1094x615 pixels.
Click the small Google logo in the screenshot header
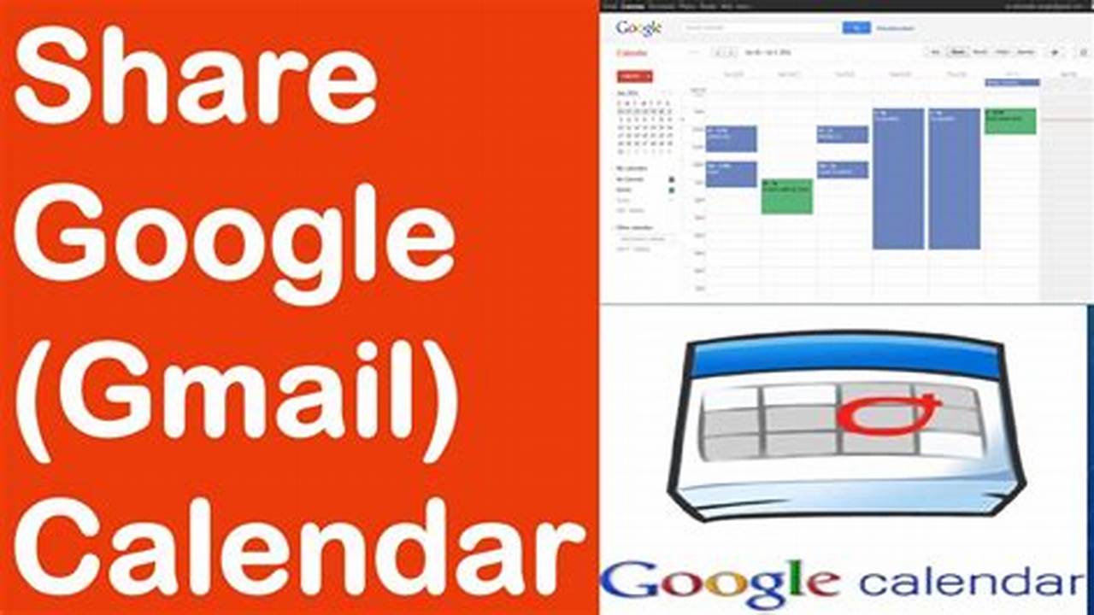click(x=638, y=28)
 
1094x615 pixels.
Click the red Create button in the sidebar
click(x=634, y=76)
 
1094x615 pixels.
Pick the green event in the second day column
click(x=786, y=196)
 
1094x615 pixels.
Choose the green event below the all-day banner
click(x=1010, y=120)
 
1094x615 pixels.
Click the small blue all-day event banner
click(x=1012, y=83)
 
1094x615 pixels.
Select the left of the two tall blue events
click(x=897, y=179)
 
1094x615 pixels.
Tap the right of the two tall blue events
click(x=954, y=179)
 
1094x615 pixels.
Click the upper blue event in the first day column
click(x=731, y=138)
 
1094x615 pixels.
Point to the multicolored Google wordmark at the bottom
click(x=721, y=583)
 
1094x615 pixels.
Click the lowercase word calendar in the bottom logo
click(x=970, y=583)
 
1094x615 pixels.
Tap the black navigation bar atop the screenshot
click(x=846, y=5)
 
